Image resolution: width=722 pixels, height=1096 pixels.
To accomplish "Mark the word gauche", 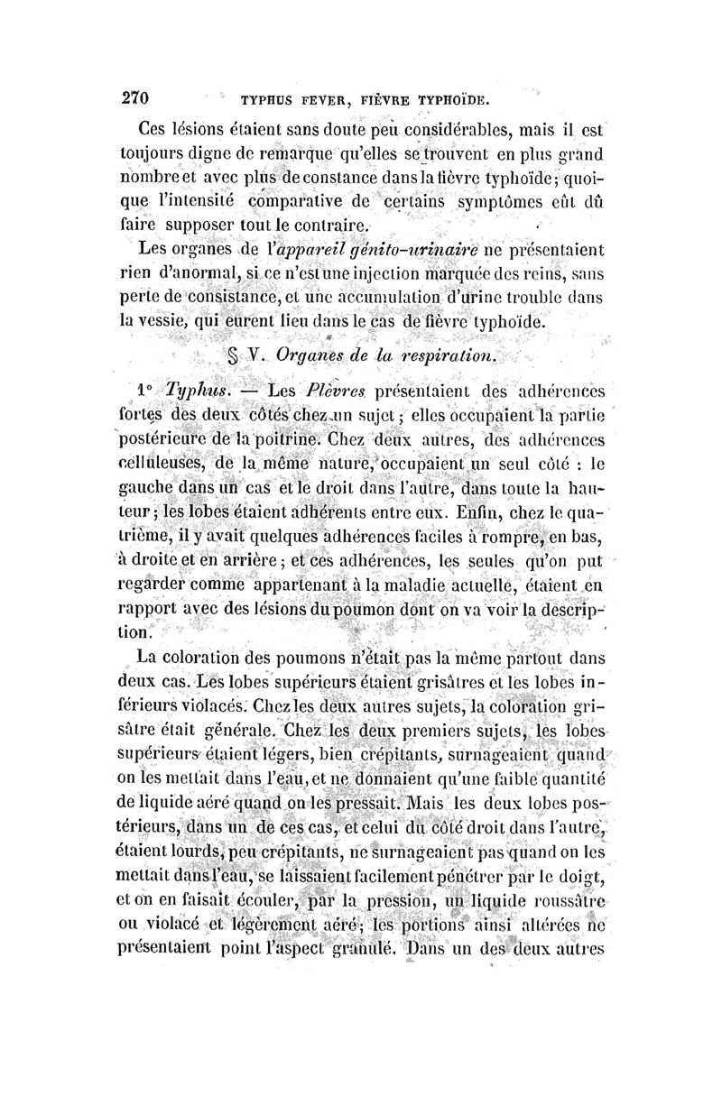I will pyautogui.click(x=149, y=491).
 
